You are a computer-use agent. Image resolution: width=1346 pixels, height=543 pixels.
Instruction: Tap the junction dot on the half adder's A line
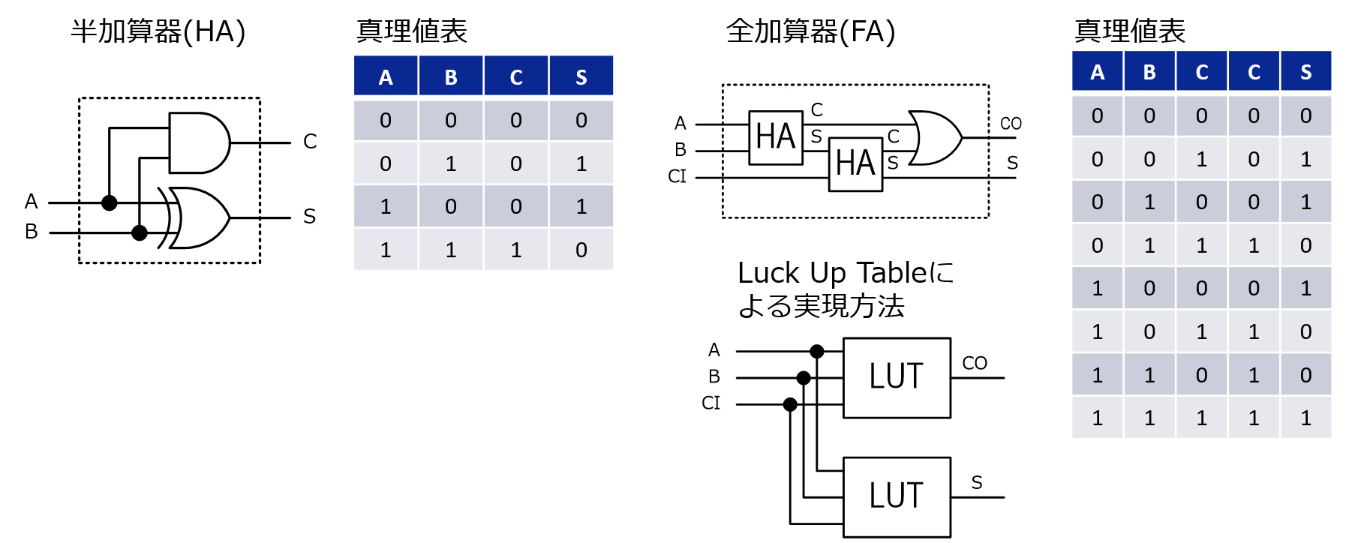tap(110, 202)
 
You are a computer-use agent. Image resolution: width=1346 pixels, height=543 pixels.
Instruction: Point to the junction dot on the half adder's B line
tap(140, 232)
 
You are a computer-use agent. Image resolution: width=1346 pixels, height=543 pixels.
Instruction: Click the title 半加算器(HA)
tap(158, 31)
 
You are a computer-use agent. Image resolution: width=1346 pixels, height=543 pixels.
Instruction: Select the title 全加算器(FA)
tap(810, 31)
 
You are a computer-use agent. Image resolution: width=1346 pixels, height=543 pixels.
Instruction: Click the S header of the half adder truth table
tap(581, 76)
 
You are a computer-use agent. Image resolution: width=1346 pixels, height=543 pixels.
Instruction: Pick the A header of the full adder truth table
tap(1097, 72)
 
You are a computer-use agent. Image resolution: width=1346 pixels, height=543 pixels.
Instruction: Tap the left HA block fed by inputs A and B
tap(776, 137)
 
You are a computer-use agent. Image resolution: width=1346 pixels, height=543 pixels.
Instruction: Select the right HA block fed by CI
tap(855, 163)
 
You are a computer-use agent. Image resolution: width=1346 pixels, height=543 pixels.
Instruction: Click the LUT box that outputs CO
tap(897, 377)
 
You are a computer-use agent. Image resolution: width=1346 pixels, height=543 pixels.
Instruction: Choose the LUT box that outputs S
tap(897, 496)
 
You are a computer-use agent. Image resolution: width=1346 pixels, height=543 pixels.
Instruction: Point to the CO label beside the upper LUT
tap(975, 363)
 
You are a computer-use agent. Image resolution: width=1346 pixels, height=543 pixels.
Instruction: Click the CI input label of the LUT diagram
tap(711, 403)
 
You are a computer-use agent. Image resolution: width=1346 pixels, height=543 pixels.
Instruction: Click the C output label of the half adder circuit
tap(310, 141)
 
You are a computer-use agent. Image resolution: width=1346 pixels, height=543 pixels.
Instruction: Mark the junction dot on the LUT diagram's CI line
tap(790, 405)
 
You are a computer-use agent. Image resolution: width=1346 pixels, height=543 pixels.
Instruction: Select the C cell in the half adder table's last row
tap(516, 250)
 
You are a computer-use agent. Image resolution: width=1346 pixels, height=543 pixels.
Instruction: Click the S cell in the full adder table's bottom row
tap(1306, 418)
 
